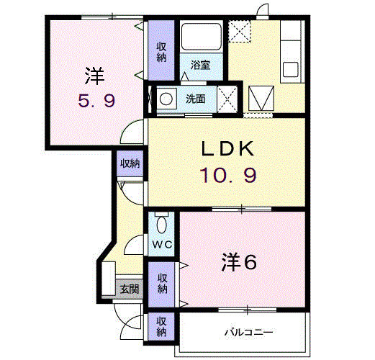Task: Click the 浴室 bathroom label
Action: (x=201, y=65)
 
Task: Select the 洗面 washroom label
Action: (x=195, y=98)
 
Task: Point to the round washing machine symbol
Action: (x=166, y=98)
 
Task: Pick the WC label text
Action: (x=161, y=244)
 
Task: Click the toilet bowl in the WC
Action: (x=161, y=220)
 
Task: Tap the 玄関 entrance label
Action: (x=130, y=289)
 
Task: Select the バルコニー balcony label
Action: (x=247, y=333)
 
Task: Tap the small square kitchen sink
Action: (x=291, y=70)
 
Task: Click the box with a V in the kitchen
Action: (x=261, y=96)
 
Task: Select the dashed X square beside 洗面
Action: (x=228, y=99)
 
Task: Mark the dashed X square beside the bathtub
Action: (x=238, y=32)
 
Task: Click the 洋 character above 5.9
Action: (x=94, y=74)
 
